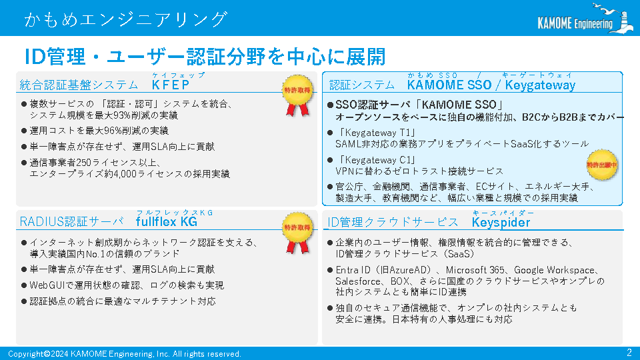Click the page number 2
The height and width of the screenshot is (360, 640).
pyautogui.click(x=629, y=353)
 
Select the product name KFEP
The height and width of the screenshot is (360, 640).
pyautogui.click(x=171, y=85)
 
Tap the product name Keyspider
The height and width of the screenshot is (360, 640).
pyautogui.click(x=501, y=223)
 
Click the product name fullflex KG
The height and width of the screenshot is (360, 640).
pyautogui.click(x=167, y=221)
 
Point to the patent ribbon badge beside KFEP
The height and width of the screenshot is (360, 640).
pyautogui.click(x=297, y=95)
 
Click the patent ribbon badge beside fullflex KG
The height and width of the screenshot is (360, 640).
pyautogui.click(x=297, y=233)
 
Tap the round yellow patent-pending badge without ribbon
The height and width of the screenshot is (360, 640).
pyautogui.click(x=601, y=165)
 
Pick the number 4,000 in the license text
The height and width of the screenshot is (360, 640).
pyautogui.click(x=125, y=174)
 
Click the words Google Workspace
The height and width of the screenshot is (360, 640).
pyautogui.click(x=554, y=270)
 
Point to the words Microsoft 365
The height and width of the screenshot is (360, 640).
pyautogui.click(x=475, y=270)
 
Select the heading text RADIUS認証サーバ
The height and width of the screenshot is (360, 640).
pyautogui.click(x=72, y=221)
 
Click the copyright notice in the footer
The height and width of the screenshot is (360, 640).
pyautogui.click(x=125, y=354)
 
